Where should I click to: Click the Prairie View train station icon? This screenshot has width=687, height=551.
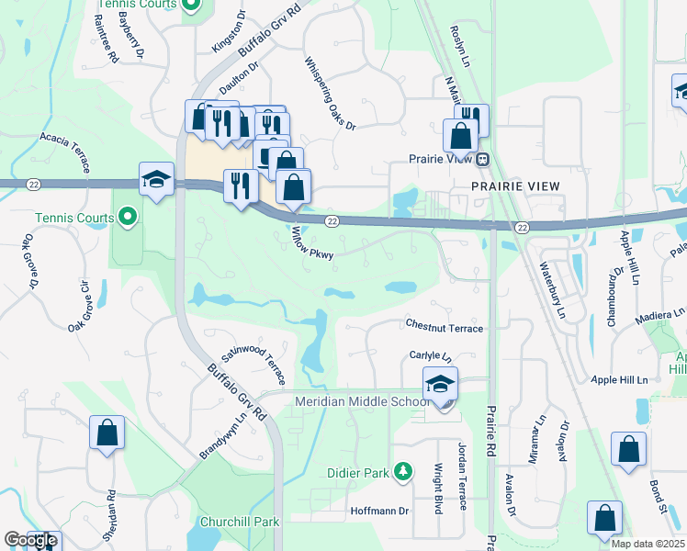click(481, 159)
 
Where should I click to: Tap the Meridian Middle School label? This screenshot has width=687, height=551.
click(362, 402)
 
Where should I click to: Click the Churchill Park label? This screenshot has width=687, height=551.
click(239, 522)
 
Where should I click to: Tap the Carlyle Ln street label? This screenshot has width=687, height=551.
click(431, 356)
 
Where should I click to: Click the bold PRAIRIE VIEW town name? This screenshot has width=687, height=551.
click(515, 186)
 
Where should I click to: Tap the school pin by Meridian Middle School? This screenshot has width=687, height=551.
click(440, 386)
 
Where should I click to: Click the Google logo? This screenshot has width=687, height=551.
click(30, 540)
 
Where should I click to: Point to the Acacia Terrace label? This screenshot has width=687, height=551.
click(64, 151)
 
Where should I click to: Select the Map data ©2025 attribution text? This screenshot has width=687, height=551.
click(648, 544)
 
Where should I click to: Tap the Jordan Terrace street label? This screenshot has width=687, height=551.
click(462, 475)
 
